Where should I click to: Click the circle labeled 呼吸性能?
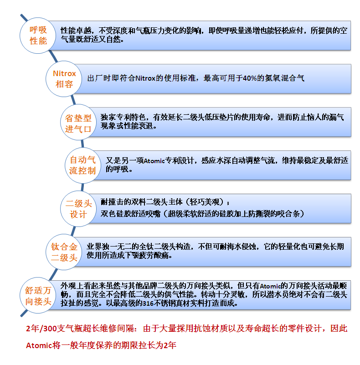pos(38,36)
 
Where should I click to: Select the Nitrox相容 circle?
pos(64,78)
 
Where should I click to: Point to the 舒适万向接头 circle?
pos(38,296)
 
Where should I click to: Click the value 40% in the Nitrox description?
pos(250,78)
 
